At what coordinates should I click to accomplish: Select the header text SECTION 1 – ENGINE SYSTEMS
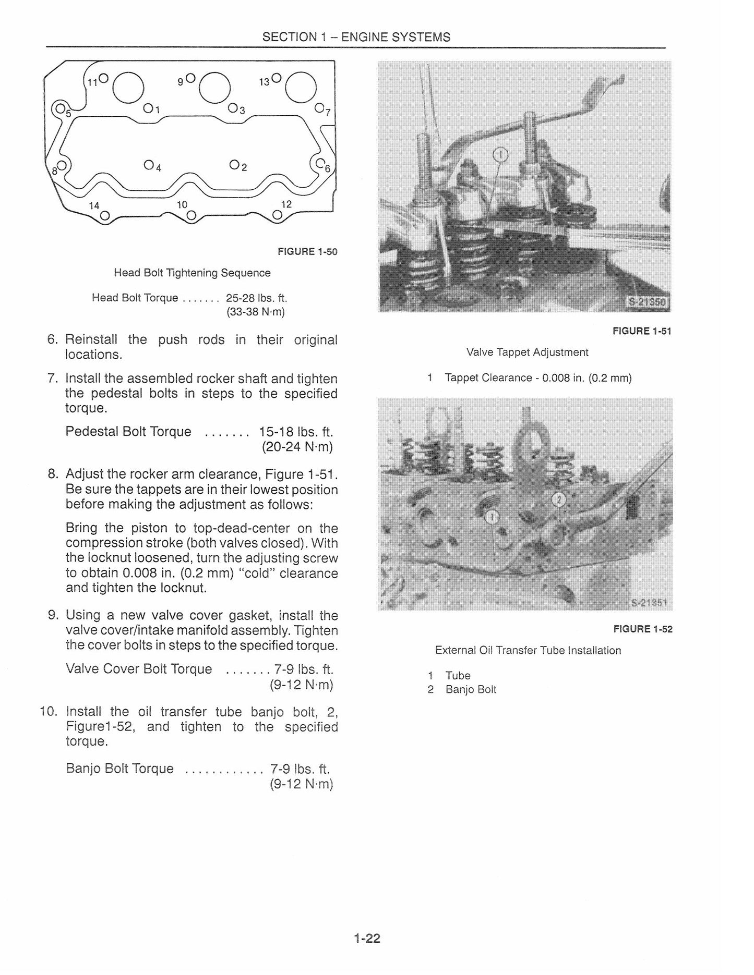click(x=356, y=37)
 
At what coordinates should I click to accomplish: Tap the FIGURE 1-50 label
click(x=307, y=252)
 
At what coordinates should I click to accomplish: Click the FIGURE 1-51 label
click(x=642, y=331)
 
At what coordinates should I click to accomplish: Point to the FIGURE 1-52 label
click(x=643, y=629)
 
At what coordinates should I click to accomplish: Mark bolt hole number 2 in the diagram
click(x=234, y=165)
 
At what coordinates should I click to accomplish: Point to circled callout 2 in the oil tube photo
click(x=559, y=501)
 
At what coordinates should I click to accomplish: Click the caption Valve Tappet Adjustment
click(x=528, y=352)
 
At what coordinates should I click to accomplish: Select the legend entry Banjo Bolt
click(x=471, y=690)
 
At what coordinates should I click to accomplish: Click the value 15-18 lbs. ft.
click(x=296, y=432)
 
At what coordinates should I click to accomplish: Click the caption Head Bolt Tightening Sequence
click(x=192, y=273)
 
